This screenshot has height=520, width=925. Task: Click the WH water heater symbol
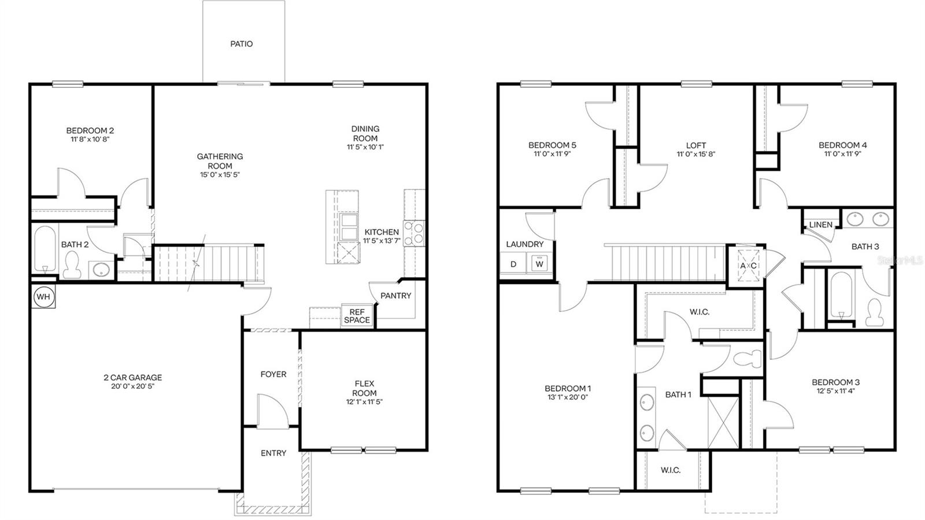[43, 297]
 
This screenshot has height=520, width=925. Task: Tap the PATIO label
[242, 44]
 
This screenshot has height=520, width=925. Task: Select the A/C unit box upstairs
[748, 265]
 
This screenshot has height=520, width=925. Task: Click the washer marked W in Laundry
[540, 264]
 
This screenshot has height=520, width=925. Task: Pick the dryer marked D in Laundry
[513, 264]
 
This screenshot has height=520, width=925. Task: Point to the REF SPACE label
[357, 316]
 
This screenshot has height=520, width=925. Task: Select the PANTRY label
[396, 296]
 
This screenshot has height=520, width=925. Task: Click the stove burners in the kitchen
[414, 233]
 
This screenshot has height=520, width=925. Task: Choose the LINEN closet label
[821, 225]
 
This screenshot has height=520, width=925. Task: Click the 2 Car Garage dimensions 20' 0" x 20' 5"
[133, 386]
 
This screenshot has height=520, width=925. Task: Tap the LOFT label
[696, 145]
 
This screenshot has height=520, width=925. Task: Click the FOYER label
[273, 374]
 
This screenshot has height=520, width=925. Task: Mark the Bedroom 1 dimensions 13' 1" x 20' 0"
[568, 397]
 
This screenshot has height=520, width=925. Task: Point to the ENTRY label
[273, 453]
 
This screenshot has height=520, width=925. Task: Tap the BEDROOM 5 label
[552, 145]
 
